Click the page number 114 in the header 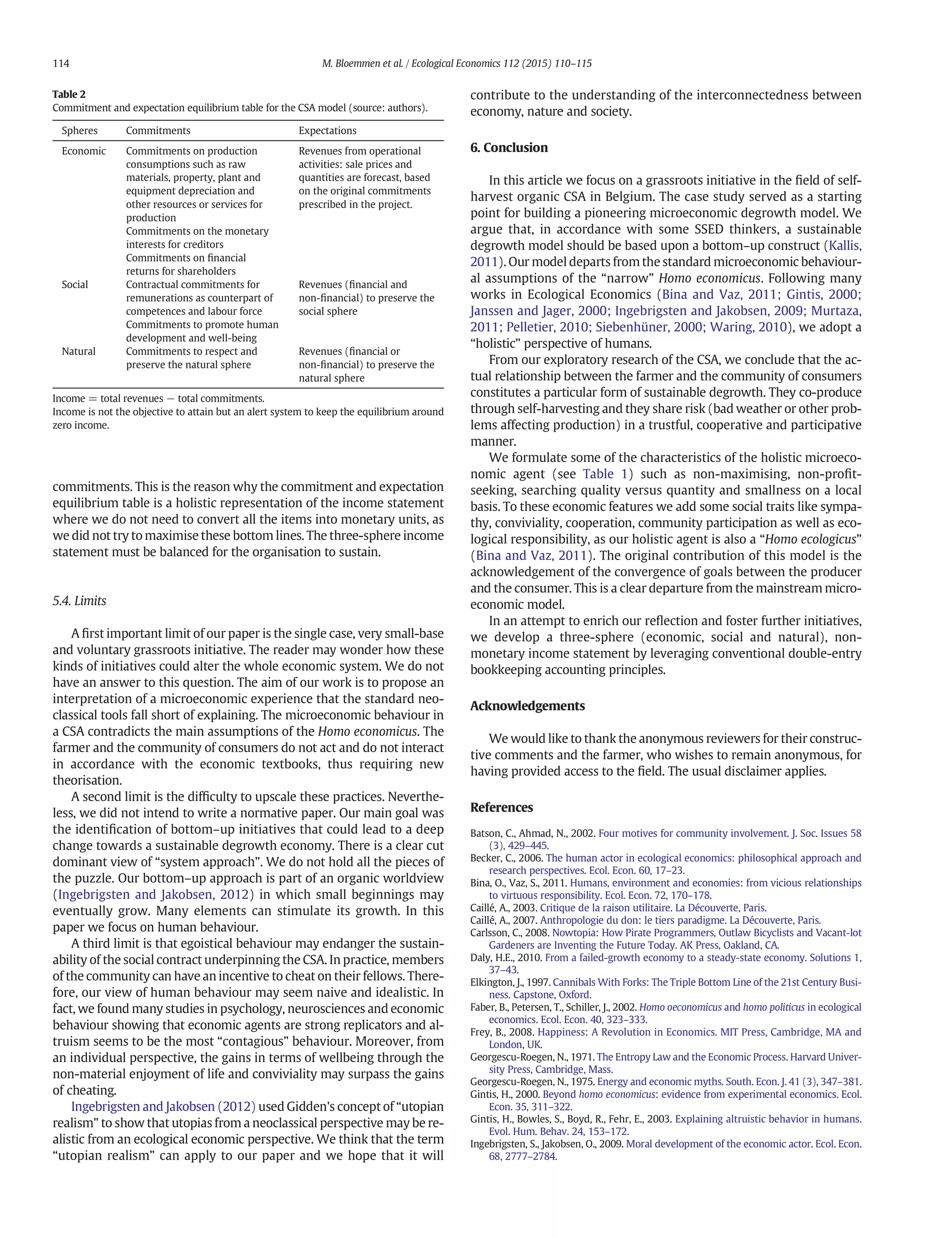tap(61, 63)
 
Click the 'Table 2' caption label tap(69, 94)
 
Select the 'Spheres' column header tap(79, 131)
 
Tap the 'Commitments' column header tap(158, 131)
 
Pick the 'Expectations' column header tap(327, 131)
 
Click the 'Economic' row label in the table tap(83, 151)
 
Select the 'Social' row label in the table tap(74, 284)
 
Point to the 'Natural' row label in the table tap(78, 351)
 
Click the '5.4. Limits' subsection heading tap(79, 601)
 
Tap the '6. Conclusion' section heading tap(508, 147)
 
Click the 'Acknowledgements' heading tap(527, 705)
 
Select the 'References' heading tap(501, 807)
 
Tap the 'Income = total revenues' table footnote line tap(158, 398)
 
